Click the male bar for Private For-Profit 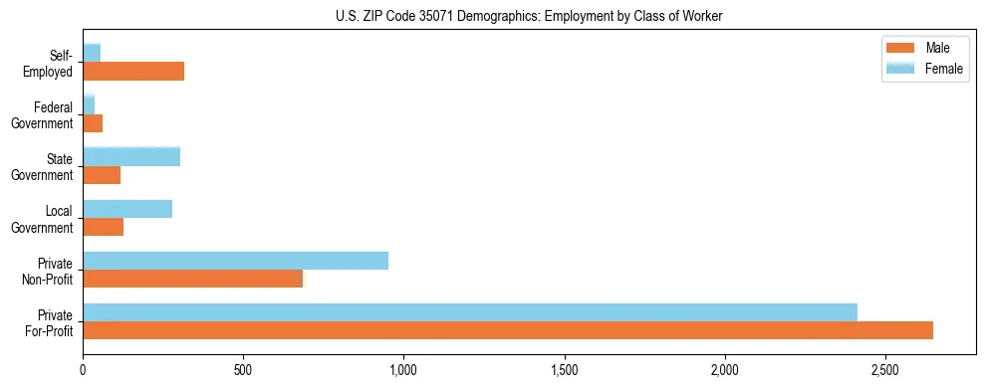(x=508, y=330)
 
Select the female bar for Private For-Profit (x=470, y=312)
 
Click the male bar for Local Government (x=103, y=227)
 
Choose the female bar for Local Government (x=127, y=209)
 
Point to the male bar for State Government (x=102, y=175)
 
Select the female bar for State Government (x=131, y=157)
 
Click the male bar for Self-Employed (x=133, y=72)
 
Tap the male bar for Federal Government (x=93, y=123)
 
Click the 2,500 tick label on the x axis (x=885, y=369)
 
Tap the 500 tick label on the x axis (x=243, y=369)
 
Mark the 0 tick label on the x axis (x=83, y=369)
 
